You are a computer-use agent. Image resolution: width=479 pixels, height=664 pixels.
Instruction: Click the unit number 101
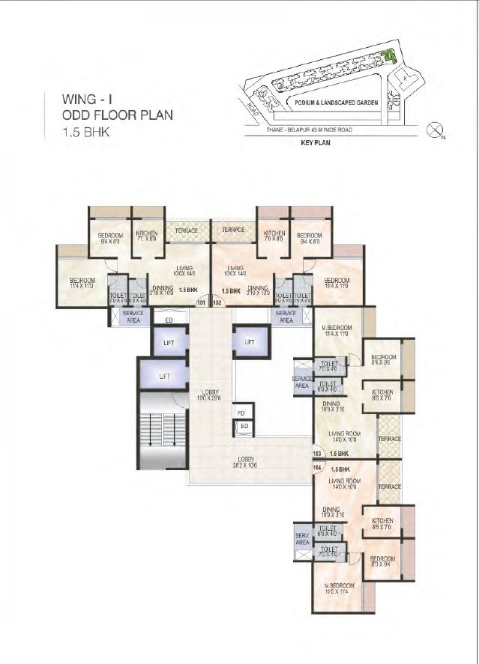[x=201, y=303]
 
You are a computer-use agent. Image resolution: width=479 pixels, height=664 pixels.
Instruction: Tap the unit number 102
[x=218, y=303]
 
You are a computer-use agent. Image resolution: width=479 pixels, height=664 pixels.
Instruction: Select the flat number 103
[x=316, y=454]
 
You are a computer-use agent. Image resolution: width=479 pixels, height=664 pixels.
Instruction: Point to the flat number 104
[x=316, y=468]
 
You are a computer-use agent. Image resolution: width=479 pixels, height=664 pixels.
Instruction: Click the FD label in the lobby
[x=241, y=412]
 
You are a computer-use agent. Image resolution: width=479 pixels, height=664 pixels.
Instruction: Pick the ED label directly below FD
[x=244, y=426]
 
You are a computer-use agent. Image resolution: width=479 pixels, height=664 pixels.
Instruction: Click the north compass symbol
[x=434, y=131]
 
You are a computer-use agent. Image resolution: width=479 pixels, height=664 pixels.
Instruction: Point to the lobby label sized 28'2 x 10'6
[x=247, y=463]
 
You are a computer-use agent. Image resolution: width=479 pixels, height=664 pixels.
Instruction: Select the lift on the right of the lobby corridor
[x=250, y=342]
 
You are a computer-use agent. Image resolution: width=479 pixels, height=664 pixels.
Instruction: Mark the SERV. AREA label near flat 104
[x=303, y=540]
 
